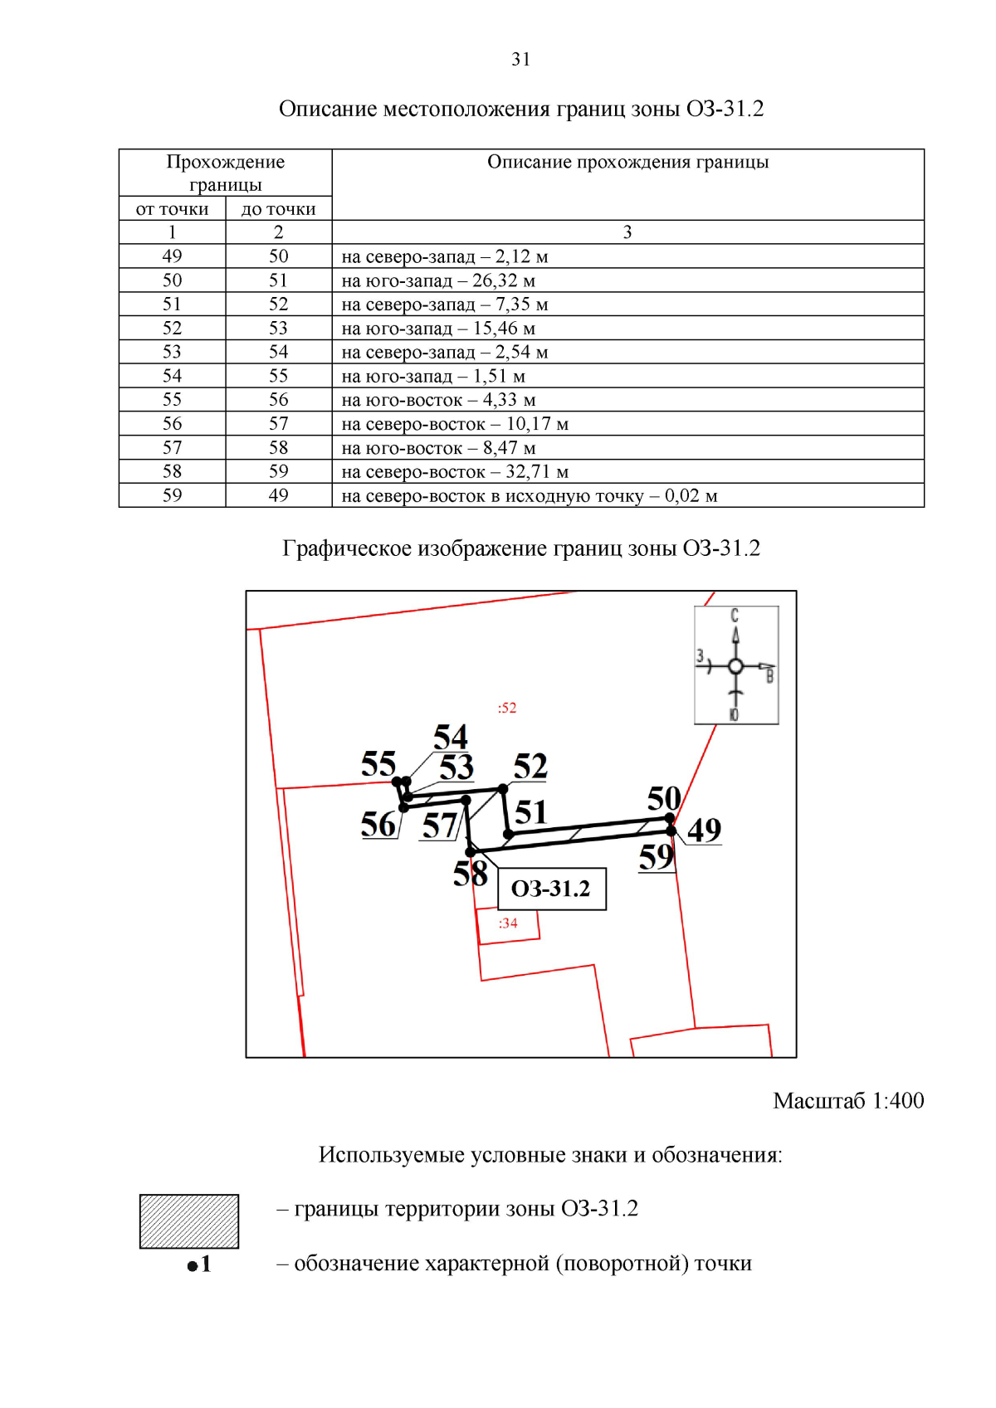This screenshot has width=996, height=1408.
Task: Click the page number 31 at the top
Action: pyautogui.click(x=520, y=59)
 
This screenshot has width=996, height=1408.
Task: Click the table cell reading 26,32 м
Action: pyautogui.click(x=438, y=280)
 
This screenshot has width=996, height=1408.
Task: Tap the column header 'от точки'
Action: pyautogui.click(x=172, y=208)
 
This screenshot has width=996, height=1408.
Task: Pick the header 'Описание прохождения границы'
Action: pyautogui.click(x=627, y=162)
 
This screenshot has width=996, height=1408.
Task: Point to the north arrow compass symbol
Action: pyautogui.click(x=735, y=665)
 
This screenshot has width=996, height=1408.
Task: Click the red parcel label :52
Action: pyautogui.click(x=506, y=708)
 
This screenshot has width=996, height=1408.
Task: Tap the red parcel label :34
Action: pyautogui.click(x=508, y=923)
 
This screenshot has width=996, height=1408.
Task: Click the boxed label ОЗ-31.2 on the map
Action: pyautogui.click(x=551, y=889)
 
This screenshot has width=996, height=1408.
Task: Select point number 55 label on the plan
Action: pyautogui.click(x=378, y=763)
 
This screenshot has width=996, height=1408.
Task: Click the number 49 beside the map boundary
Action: pyautogui.click(x=704, y=829)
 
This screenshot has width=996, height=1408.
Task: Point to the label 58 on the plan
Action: pyautogui.click(x=470, y=874)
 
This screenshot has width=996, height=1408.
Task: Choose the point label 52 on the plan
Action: pyautogui.click(x=530, y=766)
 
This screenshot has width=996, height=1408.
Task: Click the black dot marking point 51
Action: pyautogui.click(x=509, y=835)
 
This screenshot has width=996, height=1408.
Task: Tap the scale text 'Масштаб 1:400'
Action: pyautogui.click(x=847, y=1100)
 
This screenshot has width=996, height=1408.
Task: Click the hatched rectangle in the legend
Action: pyautogui.click(x=188, y=1220)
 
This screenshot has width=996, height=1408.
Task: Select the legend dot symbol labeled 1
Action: pyautogui.click(x=193, y=1265)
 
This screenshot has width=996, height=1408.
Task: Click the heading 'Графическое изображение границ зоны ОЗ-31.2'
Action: pyautogui.click(x=520, y=548)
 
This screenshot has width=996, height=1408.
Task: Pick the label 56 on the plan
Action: pyautogui.click(x=378, y=824)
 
